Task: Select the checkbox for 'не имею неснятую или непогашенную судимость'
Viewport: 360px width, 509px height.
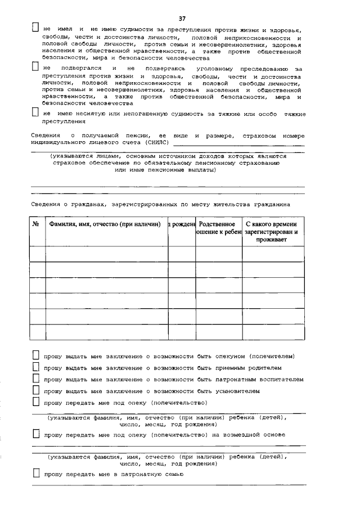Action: click(35, 113)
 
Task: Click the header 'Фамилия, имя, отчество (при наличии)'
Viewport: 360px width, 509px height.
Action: click(105, 224)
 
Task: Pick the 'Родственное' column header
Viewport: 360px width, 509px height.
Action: click(217, 224)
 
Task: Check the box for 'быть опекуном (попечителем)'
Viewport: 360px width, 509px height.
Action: click(35, 355)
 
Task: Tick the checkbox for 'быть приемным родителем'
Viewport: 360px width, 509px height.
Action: click(35, 367)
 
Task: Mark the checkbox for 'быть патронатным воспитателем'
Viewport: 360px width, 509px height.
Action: click(35, 379)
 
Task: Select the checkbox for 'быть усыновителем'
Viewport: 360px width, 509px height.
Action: click(35, 390)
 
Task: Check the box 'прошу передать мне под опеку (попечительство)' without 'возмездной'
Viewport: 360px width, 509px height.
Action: click(35, 402)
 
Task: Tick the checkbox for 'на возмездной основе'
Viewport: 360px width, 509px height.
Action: click(35, 434)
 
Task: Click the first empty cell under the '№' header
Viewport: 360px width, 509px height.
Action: click(37, 254)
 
